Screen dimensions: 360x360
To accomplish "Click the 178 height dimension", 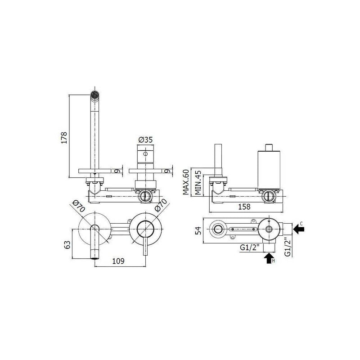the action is point(64,138).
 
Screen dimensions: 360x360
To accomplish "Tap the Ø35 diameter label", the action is point(145,139).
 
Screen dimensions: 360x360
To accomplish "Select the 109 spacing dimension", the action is point(118,261).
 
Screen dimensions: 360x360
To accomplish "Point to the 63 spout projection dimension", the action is point(67,245).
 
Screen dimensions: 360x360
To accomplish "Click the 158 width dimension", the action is point(244,207).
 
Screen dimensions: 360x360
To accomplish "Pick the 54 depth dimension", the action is point(198,230).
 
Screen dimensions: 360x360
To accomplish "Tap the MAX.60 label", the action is point(186,182).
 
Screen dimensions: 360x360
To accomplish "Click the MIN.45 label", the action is point(198,183).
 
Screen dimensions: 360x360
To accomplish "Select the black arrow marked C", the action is point(299,229).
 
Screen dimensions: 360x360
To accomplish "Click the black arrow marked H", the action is point(269,258).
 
